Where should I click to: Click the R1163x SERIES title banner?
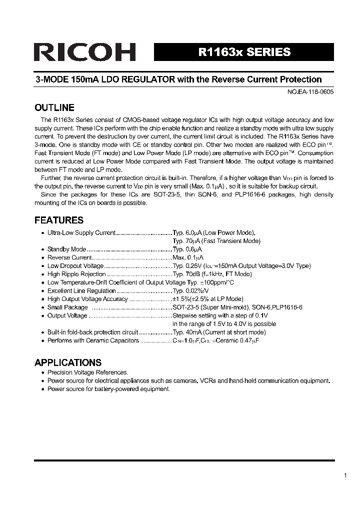pos(244,52)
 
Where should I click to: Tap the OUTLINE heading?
pos(54,107)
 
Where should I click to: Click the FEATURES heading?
pos(58,220)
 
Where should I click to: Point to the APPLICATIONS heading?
pos(67,362)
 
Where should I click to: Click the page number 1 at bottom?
pos(345,475)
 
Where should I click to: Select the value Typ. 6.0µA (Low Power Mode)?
pos(213,232)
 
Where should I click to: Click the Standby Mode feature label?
pos(66,249)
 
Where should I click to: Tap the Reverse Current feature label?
pos(69,257)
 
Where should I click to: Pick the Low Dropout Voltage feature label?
pos(75,266)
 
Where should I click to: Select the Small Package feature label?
pos(67,307)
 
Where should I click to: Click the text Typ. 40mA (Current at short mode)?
pos(219,332)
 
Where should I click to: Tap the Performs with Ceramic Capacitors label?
pos(93,340)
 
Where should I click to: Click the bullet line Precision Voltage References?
pos(87,372)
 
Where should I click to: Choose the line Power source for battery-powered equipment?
pos(108,389)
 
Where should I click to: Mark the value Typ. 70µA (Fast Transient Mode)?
pos(216,240)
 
